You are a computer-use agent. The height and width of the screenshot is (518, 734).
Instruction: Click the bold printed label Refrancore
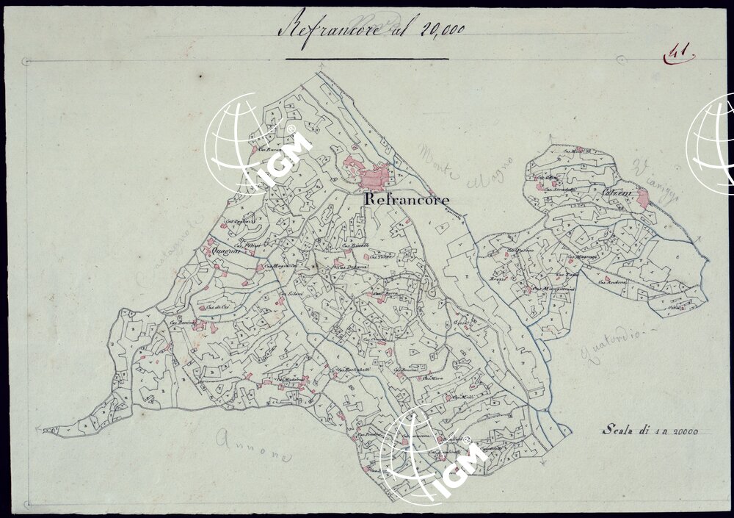[406, 199]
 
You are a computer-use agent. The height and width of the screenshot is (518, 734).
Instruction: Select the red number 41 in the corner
[679, 53]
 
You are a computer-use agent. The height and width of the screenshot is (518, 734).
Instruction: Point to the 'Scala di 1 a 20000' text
[650, 431]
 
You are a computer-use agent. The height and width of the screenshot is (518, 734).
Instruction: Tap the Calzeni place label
[613, 192]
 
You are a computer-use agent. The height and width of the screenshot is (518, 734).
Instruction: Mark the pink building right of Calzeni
[643, 197]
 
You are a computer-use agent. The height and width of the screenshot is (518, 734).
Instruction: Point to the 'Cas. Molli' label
[460, 398]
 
